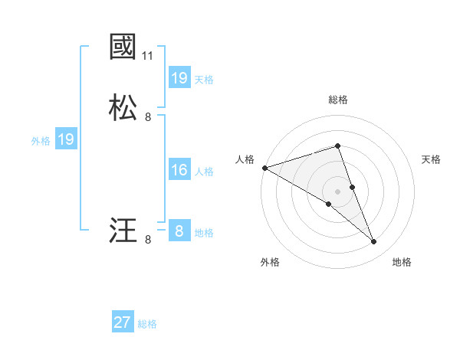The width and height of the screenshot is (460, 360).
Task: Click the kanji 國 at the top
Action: click(123, 47)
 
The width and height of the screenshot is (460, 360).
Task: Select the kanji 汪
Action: click(123, 231)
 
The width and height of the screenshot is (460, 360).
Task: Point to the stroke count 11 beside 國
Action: click(148, 56)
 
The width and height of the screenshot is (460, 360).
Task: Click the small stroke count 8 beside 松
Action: click(148, 117)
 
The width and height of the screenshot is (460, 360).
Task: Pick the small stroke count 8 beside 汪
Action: click(148, 240)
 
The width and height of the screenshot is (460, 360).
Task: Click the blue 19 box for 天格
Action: click(179, 78)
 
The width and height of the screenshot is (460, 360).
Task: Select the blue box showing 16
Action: click(179, 170)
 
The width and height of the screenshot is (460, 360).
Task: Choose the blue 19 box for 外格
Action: click(66, 139)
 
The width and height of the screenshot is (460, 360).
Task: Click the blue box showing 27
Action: click(123, 322)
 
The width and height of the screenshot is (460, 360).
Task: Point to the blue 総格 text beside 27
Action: click(147, 324)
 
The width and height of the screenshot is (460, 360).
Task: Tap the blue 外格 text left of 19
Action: click(41, 141)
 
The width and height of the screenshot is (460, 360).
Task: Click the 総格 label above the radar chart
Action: click(338, 100)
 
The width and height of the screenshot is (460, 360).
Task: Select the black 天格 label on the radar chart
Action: click(432, 159)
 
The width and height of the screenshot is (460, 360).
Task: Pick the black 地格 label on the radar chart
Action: click(402, 262)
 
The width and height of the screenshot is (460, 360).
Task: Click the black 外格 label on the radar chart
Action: click(270, 262)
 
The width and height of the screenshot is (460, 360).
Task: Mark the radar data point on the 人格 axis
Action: click(264, 167)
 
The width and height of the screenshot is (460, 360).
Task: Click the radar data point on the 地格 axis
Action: click(374, 242)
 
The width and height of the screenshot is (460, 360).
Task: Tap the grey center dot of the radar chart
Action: click(338, 191)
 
